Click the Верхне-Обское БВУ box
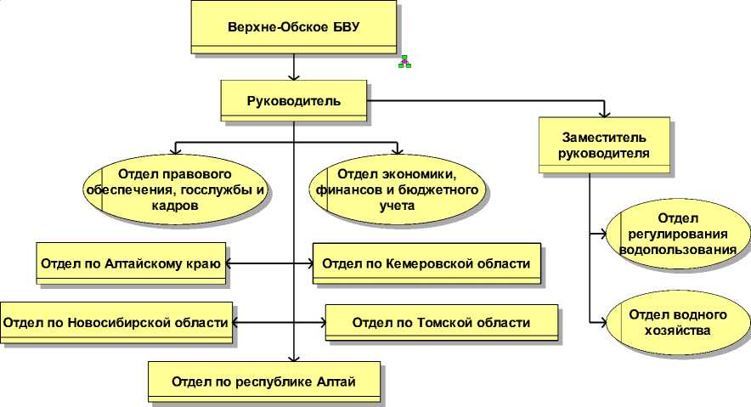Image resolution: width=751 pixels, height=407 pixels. click(x=294, y=27)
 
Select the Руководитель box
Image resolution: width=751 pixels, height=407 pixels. click(x=294, y=101)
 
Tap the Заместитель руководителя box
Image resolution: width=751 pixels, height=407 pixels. click(x=604, y=145)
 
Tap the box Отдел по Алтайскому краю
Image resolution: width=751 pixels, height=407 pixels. click(x=130, y=263)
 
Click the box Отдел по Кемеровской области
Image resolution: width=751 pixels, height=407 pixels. click(x=427, y=263)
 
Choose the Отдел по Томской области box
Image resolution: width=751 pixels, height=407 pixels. click(x=441, y=323)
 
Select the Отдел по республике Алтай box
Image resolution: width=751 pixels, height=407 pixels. click(x=263, y=381)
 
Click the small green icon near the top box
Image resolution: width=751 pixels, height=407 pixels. click(x=405, y=62)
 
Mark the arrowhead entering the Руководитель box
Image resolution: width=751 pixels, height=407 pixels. click(x=294, y=76)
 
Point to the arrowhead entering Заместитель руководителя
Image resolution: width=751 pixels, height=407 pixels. click(x=604, y=112)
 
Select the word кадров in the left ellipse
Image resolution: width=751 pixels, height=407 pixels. click(x=177, y=206)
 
